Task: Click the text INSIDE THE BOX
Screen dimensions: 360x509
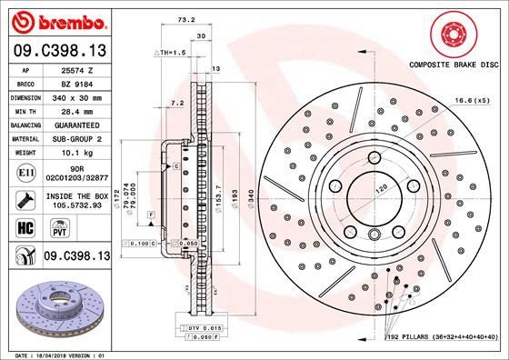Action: click(x=76, y=195)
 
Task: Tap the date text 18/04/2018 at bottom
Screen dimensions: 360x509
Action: click(x=59, y=355)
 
